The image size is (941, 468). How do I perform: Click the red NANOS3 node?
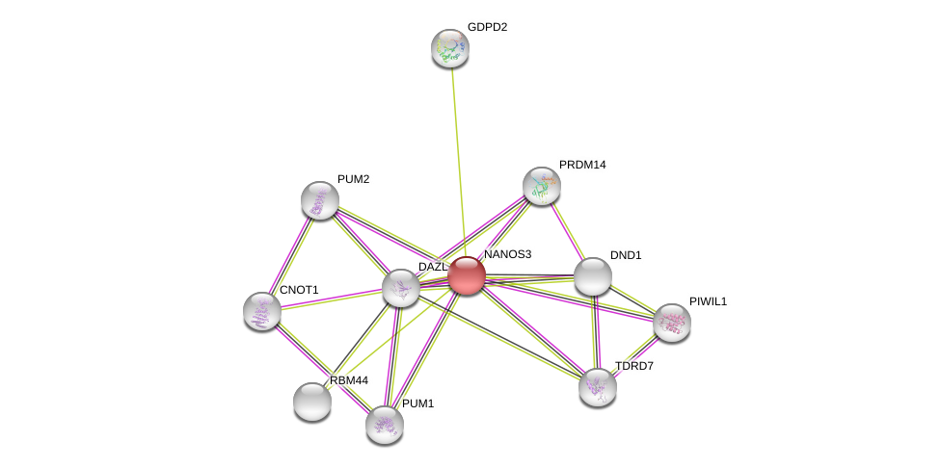coord(466,275)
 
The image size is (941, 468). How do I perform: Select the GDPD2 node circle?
coord(450,48)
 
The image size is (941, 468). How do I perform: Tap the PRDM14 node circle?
coord(542,186)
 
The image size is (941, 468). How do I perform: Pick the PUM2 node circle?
coord(320,200)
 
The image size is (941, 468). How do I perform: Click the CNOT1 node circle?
coord(262,311)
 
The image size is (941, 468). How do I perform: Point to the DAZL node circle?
coord(401,287)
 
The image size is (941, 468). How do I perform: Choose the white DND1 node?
coord(593,276)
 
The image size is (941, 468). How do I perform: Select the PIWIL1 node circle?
coord(672,323)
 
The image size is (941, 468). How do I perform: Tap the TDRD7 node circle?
coord(598,387)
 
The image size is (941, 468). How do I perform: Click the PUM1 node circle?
coord(385,424)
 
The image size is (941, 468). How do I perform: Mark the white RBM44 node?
coord(312,402)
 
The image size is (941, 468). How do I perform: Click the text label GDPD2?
coord(487,27)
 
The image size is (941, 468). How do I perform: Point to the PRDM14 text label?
coord(582,165)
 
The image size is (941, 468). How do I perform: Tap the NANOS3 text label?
coord(507,254)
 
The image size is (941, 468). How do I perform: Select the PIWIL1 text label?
coord(708,301)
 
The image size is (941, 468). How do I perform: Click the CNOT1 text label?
coord(299,290)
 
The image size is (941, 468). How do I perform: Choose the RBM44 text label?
coord(349,380)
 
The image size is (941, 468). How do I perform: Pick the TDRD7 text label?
coord(634,366)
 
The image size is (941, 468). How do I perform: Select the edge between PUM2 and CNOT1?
coord(291,255)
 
